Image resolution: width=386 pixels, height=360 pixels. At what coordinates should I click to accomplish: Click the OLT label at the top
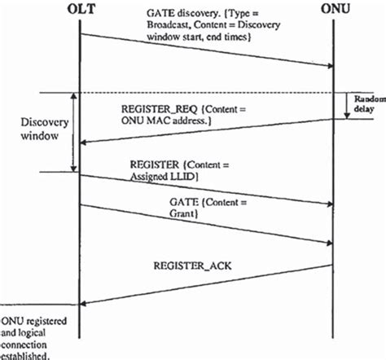79,11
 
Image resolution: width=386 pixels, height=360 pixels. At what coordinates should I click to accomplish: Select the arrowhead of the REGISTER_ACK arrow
84,304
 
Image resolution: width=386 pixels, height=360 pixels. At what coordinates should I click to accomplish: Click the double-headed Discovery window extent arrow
74,131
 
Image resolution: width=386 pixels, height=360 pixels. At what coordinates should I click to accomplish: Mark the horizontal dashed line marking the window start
204,92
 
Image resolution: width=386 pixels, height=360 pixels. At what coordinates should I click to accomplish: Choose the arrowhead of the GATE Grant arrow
331,242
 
